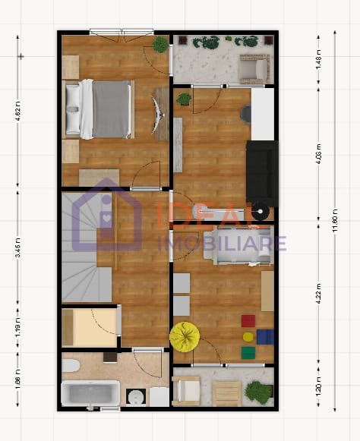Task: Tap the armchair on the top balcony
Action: pos(253,70)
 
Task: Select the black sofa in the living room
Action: pos(261,172)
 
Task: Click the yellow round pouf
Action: pos(184,335)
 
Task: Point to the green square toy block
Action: pos(248,352)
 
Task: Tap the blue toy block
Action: pos(264,336)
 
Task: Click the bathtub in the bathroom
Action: pos(90,394)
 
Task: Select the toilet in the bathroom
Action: pos(71,366)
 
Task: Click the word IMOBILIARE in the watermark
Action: pos(222,243)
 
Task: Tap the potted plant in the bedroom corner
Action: pos(159,45)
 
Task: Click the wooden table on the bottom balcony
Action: pos(226,393)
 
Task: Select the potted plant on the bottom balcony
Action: pos(259,392)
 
